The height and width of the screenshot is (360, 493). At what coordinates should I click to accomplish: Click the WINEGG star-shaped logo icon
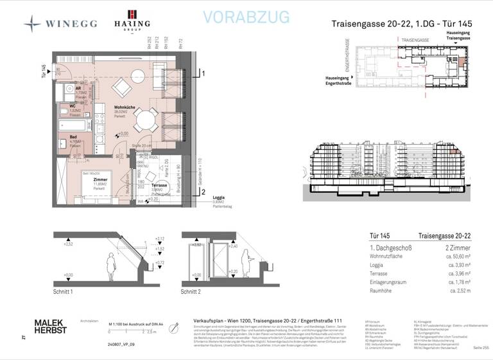[x=33, y=23]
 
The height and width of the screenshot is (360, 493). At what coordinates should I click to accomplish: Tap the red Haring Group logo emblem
[x=133, y=15]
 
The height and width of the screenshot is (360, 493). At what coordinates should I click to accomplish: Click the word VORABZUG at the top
[x=246, y=17]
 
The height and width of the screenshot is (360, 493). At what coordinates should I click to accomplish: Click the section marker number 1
[x=203, y=75]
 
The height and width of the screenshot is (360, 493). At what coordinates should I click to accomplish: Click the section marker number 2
[x=203, y=191]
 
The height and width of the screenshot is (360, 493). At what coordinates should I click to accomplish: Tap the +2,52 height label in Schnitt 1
[x=67, y=245]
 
